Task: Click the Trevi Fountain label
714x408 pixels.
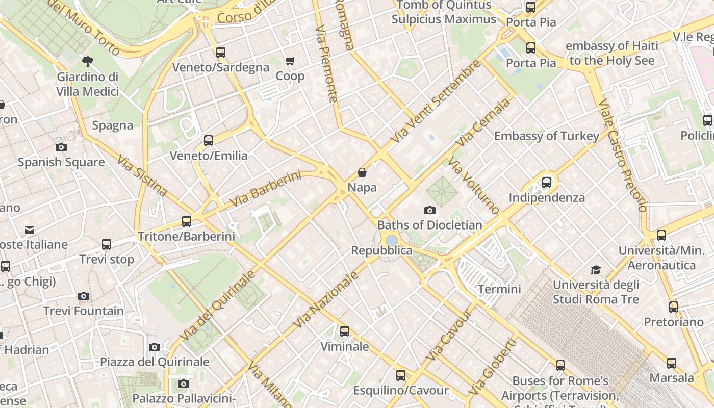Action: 84,311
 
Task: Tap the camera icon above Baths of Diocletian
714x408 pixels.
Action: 430,210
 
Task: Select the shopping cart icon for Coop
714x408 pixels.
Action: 290,61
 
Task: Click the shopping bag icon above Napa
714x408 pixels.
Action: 362,173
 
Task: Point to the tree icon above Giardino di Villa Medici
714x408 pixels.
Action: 88,62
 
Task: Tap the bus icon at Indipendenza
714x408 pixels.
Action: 547,182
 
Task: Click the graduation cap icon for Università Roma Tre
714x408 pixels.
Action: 596,270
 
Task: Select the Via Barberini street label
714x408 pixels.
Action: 266,189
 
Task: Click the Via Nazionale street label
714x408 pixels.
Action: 326,300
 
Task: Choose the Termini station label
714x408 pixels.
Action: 499,289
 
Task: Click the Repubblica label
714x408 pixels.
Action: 382,250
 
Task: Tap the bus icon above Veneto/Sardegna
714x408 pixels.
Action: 221,53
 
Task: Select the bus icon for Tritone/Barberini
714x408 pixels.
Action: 187,221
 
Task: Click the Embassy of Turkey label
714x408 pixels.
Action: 546,136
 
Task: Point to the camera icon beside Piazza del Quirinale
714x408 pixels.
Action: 155,347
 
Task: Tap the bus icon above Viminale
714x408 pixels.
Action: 345,331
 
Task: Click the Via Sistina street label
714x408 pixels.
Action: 142,176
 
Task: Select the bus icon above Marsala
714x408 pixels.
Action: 672,363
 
